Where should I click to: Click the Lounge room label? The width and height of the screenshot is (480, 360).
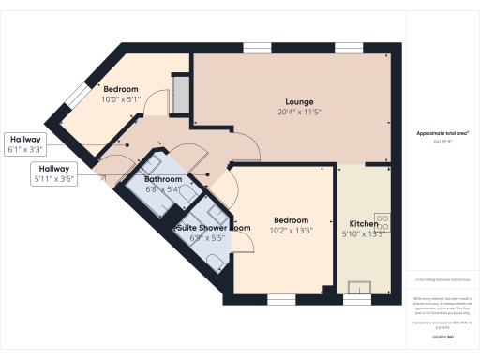point(299,101)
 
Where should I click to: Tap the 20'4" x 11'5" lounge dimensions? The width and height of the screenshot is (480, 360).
point(299,112)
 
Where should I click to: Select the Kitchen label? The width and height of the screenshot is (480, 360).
point(364,224)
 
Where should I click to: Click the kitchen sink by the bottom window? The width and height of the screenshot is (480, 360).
point(357,287)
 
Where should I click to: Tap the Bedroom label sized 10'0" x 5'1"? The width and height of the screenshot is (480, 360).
point(121,89)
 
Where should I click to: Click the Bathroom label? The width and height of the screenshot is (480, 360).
point(162,178)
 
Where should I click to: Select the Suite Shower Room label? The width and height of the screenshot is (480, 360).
point(214,228)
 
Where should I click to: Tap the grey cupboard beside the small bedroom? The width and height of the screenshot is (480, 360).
point(181,94)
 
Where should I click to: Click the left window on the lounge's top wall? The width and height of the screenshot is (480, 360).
point(256,47)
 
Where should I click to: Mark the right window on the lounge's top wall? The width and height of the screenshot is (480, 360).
point(349,47)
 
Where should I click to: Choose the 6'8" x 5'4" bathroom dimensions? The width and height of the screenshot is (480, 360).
point(162,188)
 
